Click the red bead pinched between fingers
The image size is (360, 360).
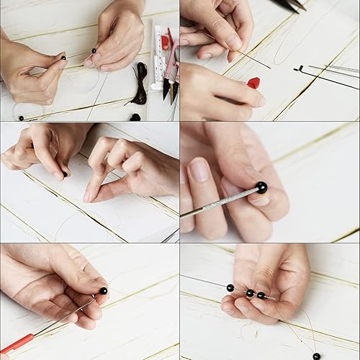tap(253, 83)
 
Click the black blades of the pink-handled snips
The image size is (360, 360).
tap(170, 88)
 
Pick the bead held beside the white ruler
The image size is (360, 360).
tap(94, 51)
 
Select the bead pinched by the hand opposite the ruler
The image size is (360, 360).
tap(63, 57)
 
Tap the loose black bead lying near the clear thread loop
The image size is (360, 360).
tap(21, 117)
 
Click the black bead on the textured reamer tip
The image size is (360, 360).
tap(261, 187)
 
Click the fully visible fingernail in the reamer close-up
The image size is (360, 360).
tap(199, 171)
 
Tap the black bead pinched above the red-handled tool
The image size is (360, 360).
tap(103, 291)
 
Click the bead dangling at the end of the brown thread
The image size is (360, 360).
tap(316, 356)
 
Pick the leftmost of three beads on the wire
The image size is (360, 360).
tap(230, 287)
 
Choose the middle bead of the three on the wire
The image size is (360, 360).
tap(249, 293)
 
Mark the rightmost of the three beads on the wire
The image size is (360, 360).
tap(261, 295)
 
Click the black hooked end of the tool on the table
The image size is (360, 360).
tap(299, 69)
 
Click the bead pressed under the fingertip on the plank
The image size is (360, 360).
tap(64, 174)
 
